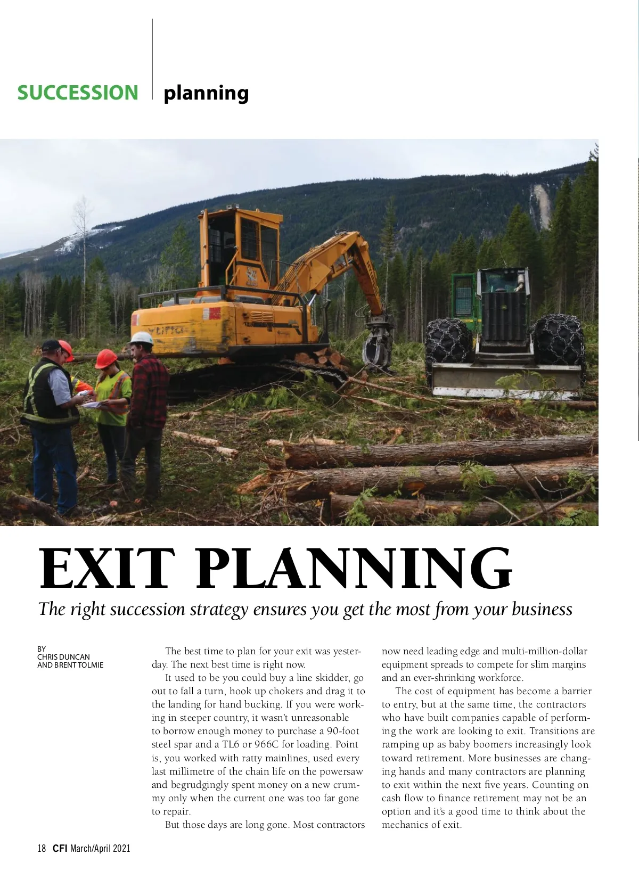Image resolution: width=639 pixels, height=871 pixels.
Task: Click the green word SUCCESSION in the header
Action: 78,93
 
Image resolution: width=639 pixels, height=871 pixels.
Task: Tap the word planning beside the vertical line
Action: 206,94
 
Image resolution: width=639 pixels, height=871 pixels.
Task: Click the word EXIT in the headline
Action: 106,569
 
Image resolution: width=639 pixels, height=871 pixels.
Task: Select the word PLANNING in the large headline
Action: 354,569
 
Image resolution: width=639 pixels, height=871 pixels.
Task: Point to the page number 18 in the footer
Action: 42,848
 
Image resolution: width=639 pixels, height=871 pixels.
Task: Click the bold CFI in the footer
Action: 60,848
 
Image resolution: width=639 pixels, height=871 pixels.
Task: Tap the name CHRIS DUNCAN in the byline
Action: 63,657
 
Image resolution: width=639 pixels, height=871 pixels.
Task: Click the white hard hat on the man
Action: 142,338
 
